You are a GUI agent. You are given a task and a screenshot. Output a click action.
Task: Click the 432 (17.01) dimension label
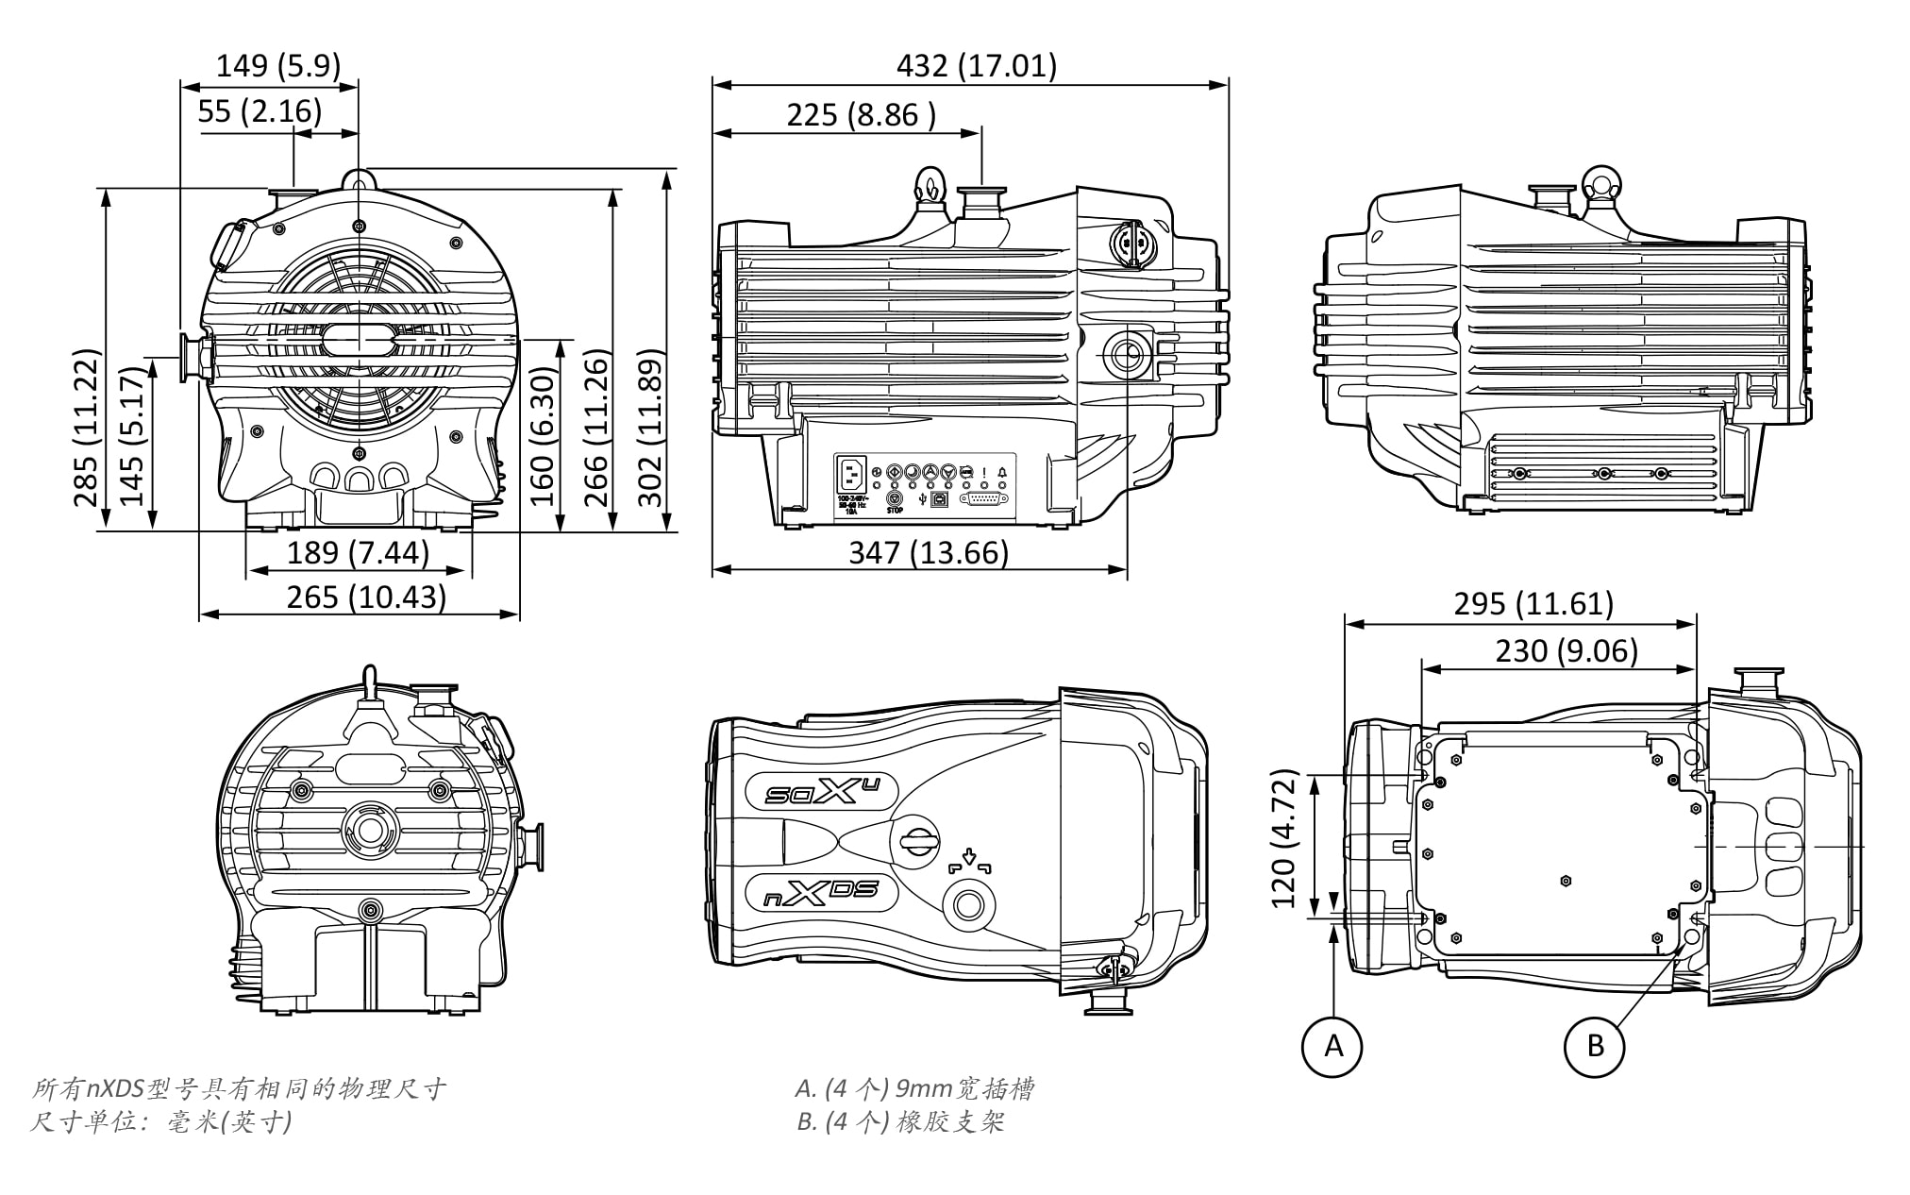(976, 66)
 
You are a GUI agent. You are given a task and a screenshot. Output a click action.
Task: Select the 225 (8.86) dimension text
(861, 115)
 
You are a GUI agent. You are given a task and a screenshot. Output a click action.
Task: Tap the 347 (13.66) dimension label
(929, 552)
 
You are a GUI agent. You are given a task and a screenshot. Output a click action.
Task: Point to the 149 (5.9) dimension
(277, 66)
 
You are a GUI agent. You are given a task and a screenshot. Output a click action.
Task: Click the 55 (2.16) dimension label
(260, 111)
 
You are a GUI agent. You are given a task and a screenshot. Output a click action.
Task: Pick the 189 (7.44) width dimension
(358, 552)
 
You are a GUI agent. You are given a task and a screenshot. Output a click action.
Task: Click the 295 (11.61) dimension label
(1533, 603)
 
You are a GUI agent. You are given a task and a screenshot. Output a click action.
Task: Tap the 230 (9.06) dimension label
(1567, 650)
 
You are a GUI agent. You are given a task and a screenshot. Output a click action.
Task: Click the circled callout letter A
(1332, 1045)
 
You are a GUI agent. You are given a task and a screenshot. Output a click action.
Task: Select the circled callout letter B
(1595, 1045)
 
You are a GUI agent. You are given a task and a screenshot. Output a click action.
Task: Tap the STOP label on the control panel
(895, 511)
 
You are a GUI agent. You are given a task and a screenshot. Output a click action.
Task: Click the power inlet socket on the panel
(851, 473)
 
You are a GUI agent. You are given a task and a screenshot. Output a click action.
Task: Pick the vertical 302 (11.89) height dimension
(650, 429)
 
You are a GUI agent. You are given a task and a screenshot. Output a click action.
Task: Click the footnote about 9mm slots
(914, 1089)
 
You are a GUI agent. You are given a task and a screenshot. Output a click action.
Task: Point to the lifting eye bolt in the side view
(929, 184)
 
